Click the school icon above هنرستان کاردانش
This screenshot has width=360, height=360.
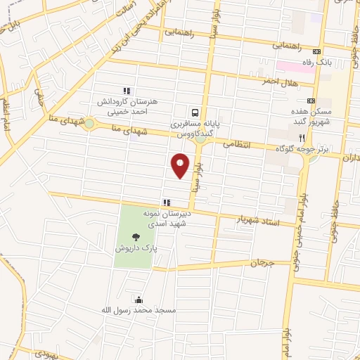pos(127,91)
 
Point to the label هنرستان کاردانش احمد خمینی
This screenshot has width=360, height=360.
pos(128,105)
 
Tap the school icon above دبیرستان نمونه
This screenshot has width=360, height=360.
pos(167,202)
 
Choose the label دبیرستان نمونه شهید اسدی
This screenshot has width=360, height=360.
pos(167,217)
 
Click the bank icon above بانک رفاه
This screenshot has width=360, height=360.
pos(316,51)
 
